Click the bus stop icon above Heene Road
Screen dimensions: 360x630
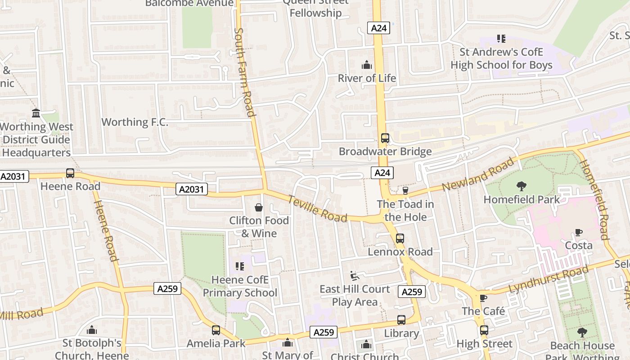point(70,173)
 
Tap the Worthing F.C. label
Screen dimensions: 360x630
point(135,122)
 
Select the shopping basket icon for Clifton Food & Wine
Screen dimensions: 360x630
point(259,207)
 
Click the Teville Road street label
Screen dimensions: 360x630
point(317,209)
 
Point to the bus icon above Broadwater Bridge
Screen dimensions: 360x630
point(385,138)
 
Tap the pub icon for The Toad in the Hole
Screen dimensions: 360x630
point(405,191)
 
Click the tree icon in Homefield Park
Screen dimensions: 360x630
point(522,186)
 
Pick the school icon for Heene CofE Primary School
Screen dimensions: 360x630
point(240,266)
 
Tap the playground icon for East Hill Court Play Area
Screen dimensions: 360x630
point(354,275)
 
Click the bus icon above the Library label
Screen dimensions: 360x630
point(401,320)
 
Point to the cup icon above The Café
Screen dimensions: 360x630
point(483,298)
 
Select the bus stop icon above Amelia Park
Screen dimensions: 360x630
point(216,330)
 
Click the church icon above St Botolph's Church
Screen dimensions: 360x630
point(92,330)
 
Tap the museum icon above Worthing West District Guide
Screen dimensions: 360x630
point(36,113)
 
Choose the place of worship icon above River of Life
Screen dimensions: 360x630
point(367,65)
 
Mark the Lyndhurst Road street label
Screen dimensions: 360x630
point(548,279)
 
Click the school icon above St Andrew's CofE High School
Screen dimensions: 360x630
point(501,39)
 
